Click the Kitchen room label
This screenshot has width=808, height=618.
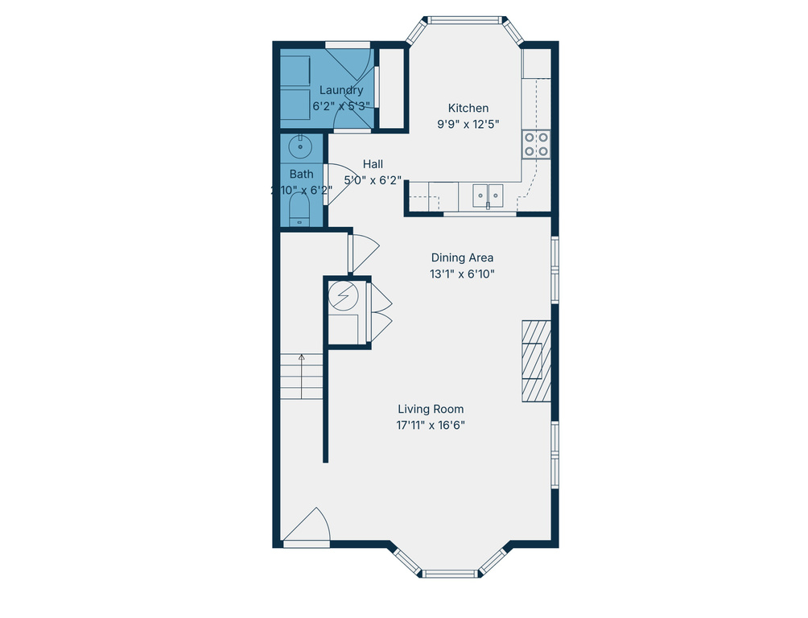468,108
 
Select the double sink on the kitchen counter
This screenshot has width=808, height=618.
488,193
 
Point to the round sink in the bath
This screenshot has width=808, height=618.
301,146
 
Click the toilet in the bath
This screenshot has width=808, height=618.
299,211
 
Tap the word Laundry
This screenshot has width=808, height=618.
341,90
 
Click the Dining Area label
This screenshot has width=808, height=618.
462,257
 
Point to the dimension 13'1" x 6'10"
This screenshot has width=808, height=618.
462,274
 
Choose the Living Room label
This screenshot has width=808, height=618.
431,409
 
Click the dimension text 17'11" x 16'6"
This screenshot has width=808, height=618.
431,425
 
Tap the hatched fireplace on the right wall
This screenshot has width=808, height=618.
536,360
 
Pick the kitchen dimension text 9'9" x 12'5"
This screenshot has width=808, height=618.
468,124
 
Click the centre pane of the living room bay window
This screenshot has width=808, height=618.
450,574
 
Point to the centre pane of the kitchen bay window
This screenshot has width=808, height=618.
465,20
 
